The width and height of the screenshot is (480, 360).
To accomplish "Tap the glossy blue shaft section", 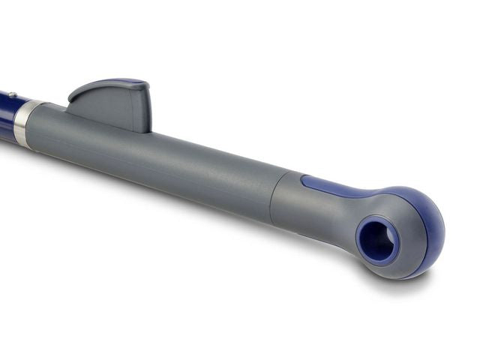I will click(7, 112).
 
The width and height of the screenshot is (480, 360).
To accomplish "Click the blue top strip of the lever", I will click(124, 82).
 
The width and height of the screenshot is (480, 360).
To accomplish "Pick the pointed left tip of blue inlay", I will click(304, 179).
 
